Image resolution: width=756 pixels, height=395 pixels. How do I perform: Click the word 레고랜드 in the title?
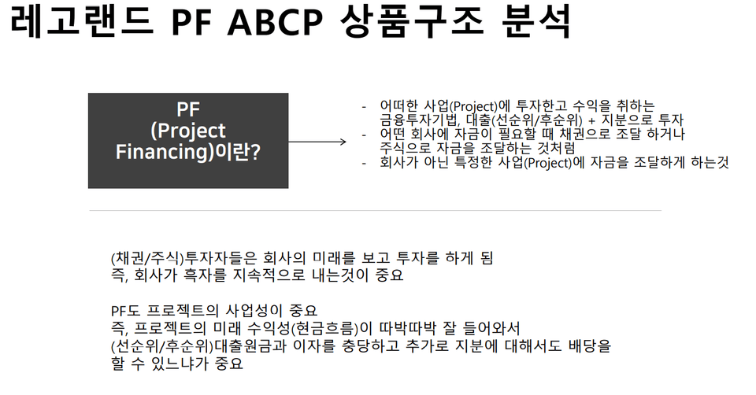coord(82,20)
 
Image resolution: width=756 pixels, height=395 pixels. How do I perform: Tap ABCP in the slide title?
coord(275,21)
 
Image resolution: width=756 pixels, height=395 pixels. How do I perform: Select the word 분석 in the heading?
coord(535,20)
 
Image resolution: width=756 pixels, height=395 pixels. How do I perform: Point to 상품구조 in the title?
coord(411,20)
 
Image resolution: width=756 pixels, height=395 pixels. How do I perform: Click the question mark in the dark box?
coord(254,152)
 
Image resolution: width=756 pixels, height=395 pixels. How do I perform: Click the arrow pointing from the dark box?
coord(317,142)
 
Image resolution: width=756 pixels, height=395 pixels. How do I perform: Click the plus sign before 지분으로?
coord(591,120)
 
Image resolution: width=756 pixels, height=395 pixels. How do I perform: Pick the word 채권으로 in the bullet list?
coord(583,134)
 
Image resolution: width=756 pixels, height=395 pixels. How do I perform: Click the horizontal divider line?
coord(375,211)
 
